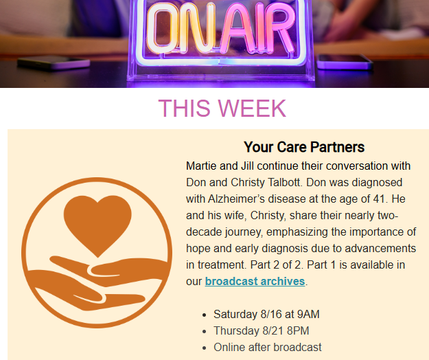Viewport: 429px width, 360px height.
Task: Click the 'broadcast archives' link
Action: [255, 282]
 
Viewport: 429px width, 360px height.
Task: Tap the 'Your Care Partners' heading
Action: [304, 147]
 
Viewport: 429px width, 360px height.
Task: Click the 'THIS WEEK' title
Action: [222, 109]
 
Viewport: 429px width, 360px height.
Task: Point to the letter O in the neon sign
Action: [163, 28]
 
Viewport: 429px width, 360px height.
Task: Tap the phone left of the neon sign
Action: [54, 63]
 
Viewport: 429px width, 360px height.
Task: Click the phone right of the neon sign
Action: [345, 62]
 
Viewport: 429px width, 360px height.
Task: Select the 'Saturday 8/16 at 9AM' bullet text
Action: [266, 314]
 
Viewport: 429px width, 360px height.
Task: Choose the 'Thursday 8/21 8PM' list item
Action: [262, 330]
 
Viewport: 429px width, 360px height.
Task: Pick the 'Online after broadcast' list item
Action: [268, 347]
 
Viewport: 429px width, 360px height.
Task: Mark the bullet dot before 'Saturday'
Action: [204, 315]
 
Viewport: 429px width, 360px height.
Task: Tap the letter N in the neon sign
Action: [197, 28]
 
